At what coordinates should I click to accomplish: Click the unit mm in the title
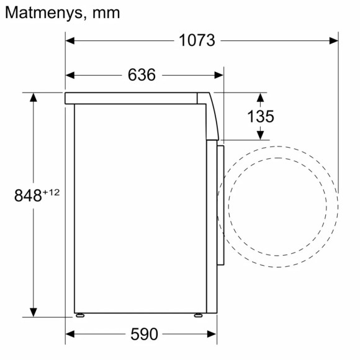(x=104, y=13)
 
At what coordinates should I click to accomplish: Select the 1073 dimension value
(x=197, y=41)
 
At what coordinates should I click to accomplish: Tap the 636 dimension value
(x=142, y=75)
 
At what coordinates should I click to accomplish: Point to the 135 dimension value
(x=260, y=116)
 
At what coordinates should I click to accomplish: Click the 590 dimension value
(x=144, y=334)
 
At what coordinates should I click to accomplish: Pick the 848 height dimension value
(x=28, y=196)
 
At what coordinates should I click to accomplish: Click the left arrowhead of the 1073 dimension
(x=70, y=41)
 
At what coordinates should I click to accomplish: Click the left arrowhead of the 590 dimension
(x=70, y=334)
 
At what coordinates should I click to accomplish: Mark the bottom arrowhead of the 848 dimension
(x=33, y=312)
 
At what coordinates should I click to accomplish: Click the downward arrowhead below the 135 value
(x=261, y=134)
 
